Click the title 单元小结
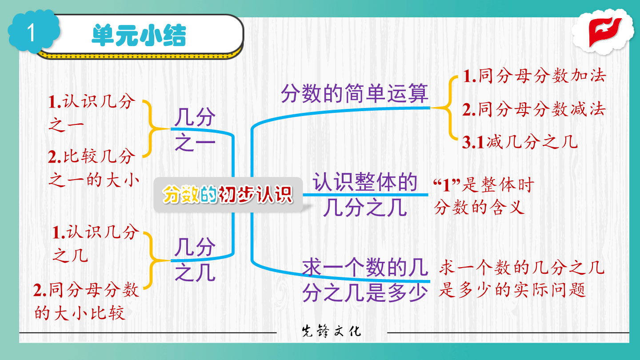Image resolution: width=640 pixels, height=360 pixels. pyautogui.click(x=139, y=36)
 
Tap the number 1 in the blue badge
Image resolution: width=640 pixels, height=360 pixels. pyautogui.click(x=31, y=32)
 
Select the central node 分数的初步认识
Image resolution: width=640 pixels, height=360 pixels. pyautogui.click(x=228, y=194)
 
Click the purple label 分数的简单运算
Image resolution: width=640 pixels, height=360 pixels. pyautogui.click(x=355, y=93)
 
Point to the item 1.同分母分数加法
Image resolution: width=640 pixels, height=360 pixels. pyautogui.click(x=534, y=76)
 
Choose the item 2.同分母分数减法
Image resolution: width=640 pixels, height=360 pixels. pyautogui.click(x=534, y=109)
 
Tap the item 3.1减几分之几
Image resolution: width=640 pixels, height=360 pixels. pyautogui.click(x=520, y=142)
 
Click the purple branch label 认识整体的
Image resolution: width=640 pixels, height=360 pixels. pyautogui.click(x=365, y=182)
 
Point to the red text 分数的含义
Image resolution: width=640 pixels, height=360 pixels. pyautogui.click(x=479, y=207)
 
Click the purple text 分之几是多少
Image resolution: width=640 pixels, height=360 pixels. pyautogui.click(x=365, y=292)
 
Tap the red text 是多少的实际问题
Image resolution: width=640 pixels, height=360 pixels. pyautogui.click(x=512, y=290)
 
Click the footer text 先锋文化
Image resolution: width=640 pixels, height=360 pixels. pyautogui.click(x=332, y=332)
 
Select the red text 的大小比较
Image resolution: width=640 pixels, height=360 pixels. pyautogui.click(x=80, y=312)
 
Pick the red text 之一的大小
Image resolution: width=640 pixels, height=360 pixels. pyautogui.click(x=94, y=180)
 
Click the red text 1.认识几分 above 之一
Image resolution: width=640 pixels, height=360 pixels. pyautogui.click(x=92, y=101)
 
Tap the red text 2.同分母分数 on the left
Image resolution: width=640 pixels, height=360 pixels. pyautogui.click(x=86, y=290)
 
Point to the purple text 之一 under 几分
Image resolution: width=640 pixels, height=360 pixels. pyautogui.click(x=195, y=143)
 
